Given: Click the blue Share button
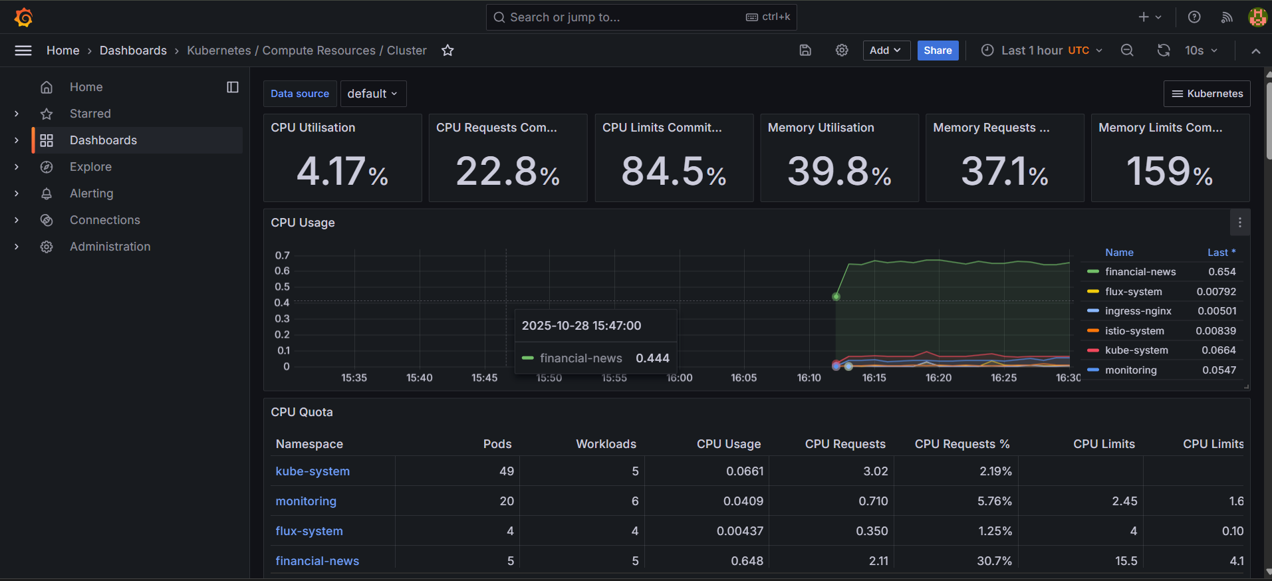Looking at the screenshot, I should pos(938,51).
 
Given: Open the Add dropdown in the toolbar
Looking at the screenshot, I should pos(886,51).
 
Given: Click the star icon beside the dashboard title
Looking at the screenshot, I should pos(447,51).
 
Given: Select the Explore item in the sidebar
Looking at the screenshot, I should pos(90,167).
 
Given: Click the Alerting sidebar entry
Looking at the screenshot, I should pos(91,193).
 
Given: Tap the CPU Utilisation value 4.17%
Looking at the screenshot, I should pos(342,172).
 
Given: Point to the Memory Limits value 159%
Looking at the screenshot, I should pos(1170,172).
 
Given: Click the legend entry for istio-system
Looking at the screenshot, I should pos(1134,331).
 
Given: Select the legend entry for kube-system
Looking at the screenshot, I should pos(1136,350).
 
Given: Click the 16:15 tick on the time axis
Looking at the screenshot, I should pos(874,378).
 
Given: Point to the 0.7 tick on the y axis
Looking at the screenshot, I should pos(282,255).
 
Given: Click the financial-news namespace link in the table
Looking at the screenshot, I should pos(317,561).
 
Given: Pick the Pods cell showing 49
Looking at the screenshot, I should pos(506,471).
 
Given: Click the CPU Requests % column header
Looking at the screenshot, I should pos(961,444).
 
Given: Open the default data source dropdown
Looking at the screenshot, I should pos(372,94).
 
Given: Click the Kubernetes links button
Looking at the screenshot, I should pos(1206,94).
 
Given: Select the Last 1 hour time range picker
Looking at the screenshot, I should pos(1041,51).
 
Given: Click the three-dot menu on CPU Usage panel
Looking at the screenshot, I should pos(1239,223).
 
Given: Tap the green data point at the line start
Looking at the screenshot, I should pos(836,296).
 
